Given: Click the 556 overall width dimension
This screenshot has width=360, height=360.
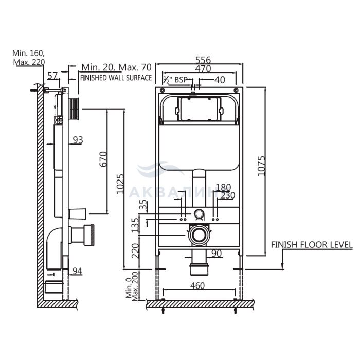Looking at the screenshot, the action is click(203, 60).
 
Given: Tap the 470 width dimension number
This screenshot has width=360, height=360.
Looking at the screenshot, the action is click(203, 68).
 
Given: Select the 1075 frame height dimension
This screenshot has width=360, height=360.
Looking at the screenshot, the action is click(261, 166).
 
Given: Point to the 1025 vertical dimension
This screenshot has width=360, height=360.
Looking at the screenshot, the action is click(120, 184).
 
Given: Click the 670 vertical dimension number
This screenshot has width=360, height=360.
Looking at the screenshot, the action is click(103, 159).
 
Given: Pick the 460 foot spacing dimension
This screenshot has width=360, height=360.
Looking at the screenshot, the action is click(197, 285).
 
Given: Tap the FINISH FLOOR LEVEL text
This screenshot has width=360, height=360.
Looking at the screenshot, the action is click(312, 245).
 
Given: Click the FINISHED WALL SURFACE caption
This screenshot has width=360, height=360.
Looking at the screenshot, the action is click(116, 78).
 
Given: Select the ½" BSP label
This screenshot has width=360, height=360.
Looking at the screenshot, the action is click(175, 80).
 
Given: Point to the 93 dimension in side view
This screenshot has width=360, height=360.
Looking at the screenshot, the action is click(78, 139).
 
